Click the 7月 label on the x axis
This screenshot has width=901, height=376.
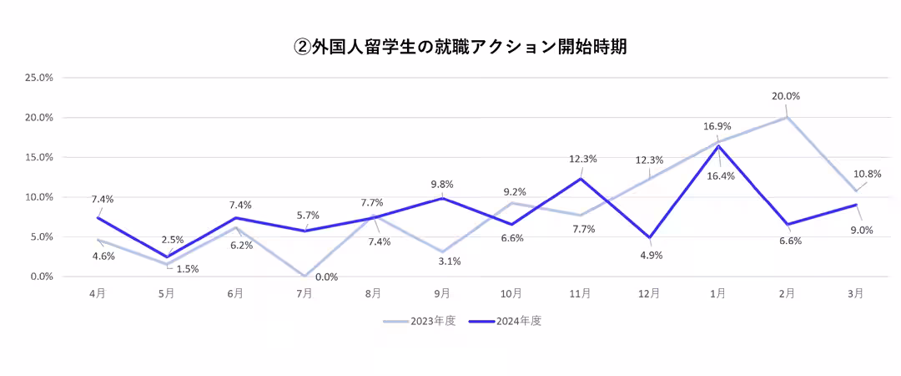(305, 294)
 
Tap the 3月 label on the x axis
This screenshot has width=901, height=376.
(855, 294)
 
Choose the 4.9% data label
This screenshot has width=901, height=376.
(651, 256)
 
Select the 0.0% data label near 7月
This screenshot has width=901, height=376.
(326, 277)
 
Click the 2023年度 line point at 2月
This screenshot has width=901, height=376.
(787, 117)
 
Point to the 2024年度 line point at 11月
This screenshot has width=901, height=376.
(580, 179)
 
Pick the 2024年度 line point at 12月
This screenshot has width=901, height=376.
(649, 237)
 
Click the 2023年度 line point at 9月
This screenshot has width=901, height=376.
(442, 252)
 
